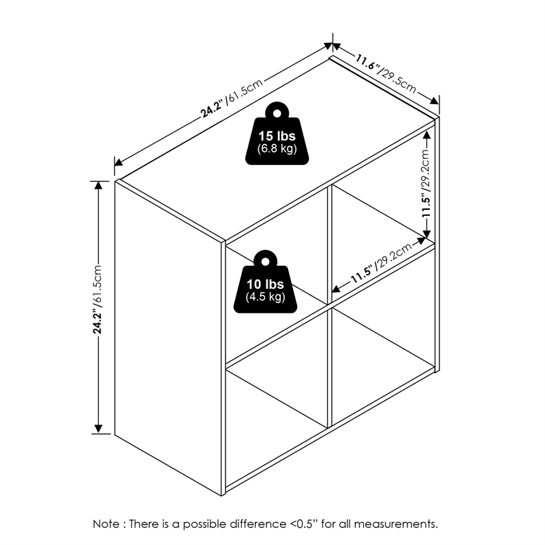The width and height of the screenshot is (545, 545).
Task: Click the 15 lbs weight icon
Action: click(277, 133)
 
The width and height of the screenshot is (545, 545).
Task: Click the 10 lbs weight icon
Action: click(266, 281)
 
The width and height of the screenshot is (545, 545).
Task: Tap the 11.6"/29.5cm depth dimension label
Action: click(385, 73)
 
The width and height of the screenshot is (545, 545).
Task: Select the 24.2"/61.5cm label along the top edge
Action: click(232, 98)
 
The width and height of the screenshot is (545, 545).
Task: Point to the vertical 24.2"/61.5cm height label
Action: click(97, 299)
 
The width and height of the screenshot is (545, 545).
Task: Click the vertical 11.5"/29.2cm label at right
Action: click(426, 183)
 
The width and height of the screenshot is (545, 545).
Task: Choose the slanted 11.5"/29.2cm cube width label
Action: click(381, 263)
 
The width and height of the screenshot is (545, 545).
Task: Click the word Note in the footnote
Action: click(106, 523)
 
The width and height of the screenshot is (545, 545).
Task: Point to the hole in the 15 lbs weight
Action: click(277, 113)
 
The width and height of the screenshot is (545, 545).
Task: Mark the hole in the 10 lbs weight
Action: click(266, 262)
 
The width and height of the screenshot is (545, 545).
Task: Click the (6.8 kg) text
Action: click(277, 149)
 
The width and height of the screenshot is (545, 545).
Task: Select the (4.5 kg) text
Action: click(266, 297)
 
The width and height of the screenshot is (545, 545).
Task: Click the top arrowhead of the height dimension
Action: click(99, 185)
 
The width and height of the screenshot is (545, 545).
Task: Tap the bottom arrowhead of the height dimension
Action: click(99, 429)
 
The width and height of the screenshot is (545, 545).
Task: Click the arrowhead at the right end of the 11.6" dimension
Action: click(435, 100)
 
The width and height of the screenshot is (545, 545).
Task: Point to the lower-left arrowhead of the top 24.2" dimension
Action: click(119, 162)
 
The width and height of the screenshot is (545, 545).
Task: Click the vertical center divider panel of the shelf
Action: click(330, 306)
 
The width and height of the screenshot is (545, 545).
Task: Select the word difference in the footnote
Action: click(258, 523)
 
